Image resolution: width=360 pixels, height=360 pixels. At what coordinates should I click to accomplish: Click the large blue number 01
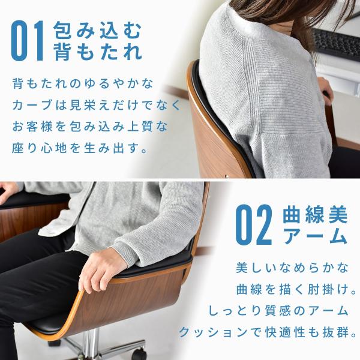tap(28, 41)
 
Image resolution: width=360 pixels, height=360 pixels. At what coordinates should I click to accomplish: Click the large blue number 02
tap(254, 224)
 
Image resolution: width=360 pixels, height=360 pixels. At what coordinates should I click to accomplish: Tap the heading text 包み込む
tap(97, 30)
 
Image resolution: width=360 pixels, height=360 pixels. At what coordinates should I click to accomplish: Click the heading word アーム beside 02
tap(315, 236)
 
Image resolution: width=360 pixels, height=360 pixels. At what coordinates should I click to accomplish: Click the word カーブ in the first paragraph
tap(32, 106)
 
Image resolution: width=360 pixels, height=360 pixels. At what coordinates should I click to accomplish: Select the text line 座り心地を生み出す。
tap(80, 148)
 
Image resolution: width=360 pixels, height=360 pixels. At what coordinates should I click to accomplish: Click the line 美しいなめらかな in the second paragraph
tap(292, 268)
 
